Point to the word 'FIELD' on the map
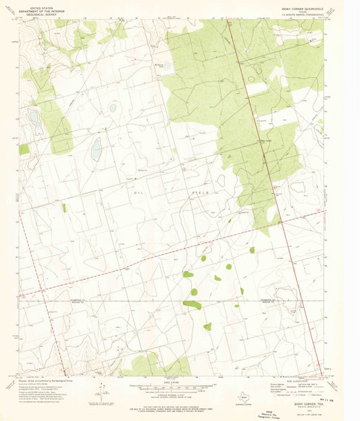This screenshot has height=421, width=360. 203,192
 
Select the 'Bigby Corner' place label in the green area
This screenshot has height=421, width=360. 251,141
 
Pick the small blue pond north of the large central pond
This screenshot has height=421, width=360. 112,107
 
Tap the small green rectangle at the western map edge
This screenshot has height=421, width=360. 24,149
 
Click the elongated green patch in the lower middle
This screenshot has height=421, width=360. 192,305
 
